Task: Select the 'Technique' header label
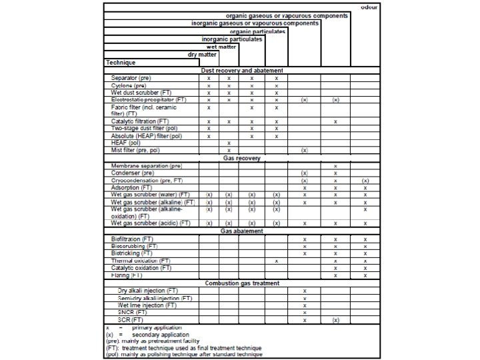click(x=121, y=63)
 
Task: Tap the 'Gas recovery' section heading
click(x=242, y=158)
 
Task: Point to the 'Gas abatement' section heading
click(x=242, y=231)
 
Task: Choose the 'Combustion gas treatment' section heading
click(x=242, y=283)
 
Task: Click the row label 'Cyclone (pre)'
click(x=129, y=85)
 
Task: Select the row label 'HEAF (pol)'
click(x=126, y=143)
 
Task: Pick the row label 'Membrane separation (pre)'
click(x=147, y=165)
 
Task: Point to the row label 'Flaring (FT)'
click(x=127, y=275)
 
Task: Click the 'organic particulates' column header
click(x=258, y=31)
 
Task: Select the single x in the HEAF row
click(x=229, y=143)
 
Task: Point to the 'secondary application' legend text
click(x=161, y=335)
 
